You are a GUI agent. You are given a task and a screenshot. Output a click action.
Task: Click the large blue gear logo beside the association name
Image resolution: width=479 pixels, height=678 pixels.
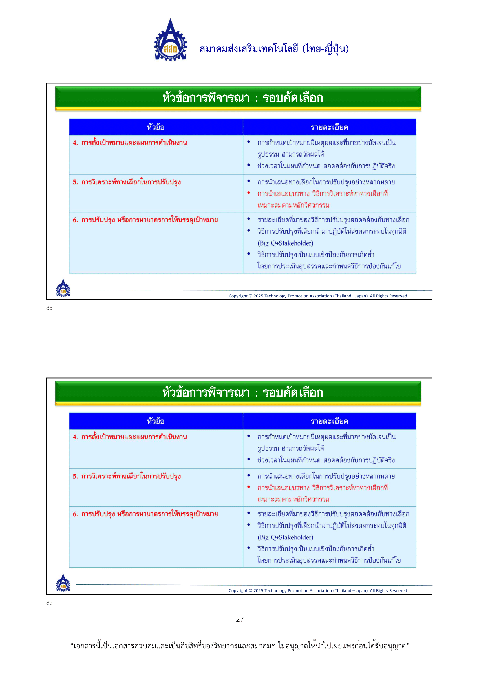(x=170, y=41)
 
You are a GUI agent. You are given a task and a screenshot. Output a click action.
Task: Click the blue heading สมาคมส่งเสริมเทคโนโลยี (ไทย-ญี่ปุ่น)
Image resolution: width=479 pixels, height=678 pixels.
(x=274, y=49)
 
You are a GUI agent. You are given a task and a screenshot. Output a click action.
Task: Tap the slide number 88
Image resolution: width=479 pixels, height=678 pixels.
(x=49, y=308)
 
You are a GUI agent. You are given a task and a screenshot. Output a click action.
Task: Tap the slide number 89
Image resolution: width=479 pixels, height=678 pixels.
(x=49, y=603)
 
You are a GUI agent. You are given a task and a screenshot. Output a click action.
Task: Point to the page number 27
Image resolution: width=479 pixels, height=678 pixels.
(x=239, y=619)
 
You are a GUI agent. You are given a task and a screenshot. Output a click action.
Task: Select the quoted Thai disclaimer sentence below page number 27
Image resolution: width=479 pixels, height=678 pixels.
(x=239, y=646)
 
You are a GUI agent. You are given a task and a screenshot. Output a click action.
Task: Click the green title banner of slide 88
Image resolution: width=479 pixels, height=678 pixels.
(x=238, y=98)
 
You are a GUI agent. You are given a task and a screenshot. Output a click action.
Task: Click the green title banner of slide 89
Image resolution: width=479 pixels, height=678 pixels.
(x=238, y=392)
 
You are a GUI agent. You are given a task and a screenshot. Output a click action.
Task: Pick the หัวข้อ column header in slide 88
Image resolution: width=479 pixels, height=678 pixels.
(x=156, y=127)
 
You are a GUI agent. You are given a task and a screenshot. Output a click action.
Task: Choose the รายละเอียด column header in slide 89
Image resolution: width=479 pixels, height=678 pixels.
(x=329, y=421)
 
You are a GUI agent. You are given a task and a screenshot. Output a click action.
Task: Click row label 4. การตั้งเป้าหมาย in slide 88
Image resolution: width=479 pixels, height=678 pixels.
(x=130, y=143)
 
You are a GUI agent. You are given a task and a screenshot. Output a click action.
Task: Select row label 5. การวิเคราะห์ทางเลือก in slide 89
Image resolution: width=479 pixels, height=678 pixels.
(x=127, y=476)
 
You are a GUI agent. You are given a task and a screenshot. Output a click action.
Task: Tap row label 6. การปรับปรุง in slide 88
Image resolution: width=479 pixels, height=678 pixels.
(x=145, y=220)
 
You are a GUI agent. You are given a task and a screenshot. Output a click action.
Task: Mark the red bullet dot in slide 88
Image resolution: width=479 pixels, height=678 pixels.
(x=249, y=193)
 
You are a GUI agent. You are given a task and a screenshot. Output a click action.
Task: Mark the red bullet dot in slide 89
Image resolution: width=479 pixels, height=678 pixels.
(x=249, y=487)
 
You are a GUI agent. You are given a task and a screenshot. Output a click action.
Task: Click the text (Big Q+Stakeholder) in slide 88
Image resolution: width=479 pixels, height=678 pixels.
(x=285, y=243)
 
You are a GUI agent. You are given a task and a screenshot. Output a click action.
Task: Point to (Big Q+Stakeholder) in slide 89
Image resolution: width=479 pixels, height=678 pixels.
(x=285, y=537)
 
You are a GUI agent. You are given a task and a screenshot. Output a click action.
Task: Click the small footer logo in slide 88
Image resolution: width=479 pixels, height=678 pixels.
(x=63, y=288)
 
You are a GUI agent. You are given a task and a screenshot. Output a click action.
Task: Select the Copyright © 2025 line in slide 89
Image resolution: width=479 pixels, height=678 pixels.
(x=317, y=590)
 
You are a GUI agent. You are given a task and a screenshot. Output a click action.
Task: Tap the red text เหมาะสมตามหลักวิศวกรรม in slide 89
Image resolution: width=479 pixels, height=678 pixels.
(x=293, y=500)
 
